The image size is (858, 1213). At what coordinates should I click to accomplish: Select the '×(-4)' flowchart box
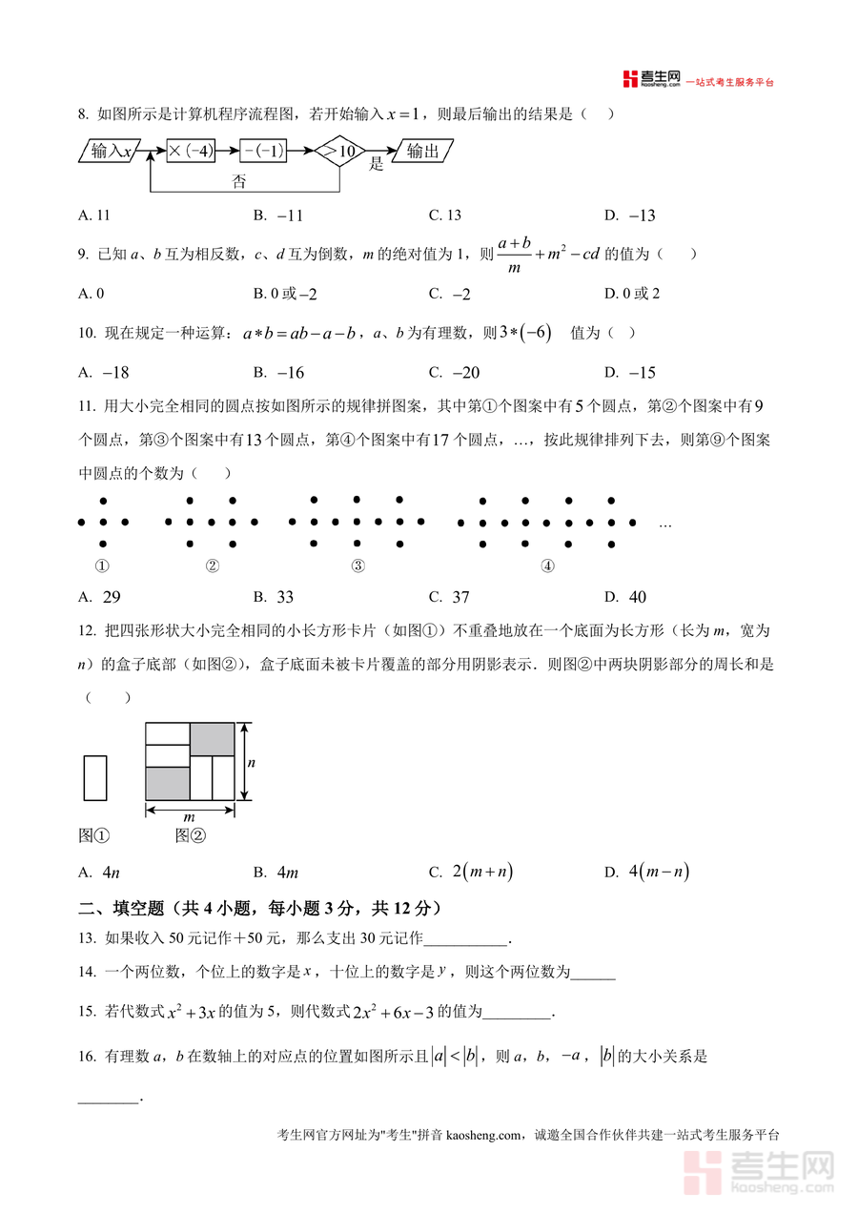coord(191,151)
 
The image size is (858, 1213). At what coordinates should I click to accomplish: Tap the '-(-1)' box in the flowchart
coord(263,151)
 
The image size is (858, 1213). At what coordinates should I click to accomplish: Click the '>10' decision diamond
coord(340,151)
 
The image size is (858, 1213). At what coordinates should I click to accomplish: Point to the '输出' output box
coord(422,151)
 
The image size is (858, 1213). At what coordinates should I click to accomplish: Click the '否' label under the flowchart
coord(239,181)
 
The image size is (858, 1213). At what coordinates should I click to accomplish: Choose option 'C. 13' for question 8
coord(445,216)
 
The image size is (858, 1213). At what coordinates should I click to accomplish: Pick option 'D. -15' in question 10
coord(630,373)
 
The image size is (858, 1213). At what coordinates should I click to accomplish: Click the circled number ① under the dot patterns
coord(103,565)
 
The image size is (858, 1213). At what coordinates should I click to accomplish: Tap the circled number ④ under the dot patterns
coord(547,565)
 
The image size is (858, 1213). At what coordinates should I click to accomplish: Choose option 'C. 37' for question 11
coord(449,598)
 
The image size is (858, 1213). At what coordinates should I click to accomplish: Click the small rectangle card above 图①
coord(95,777)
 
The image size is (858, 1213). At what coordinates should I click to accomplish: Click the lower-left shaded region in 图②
coord(167,783)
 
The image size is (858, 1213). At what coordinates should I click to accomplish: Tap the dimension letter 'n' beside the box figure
coord(252,763)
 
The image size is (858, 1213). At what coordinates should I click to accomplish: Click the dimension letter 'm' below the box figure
coord(189,817)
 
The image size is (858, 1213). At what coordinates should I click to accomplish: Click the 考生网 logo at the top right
coord(652,79)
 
